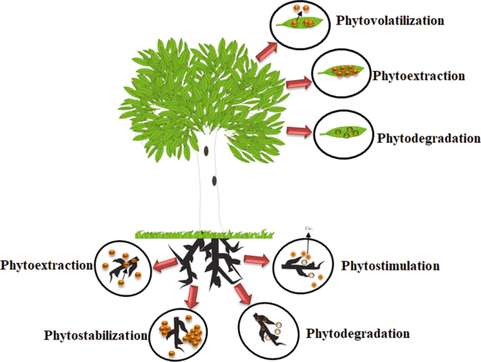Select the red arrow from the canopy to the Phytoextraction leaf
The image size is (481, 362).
point(298,84)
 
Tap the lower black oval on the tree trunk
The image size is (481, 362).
point(214,181)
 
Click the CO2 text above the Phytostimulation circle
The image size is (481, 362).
point(307,228)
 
